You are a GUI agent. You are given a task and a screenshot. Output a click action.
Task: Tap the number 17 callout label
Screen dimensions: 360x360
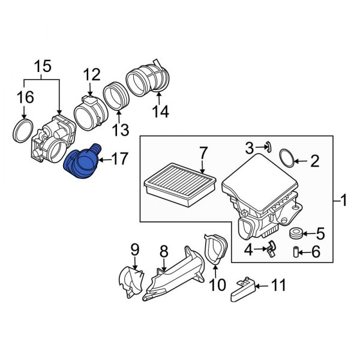(x=120, y=159)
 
